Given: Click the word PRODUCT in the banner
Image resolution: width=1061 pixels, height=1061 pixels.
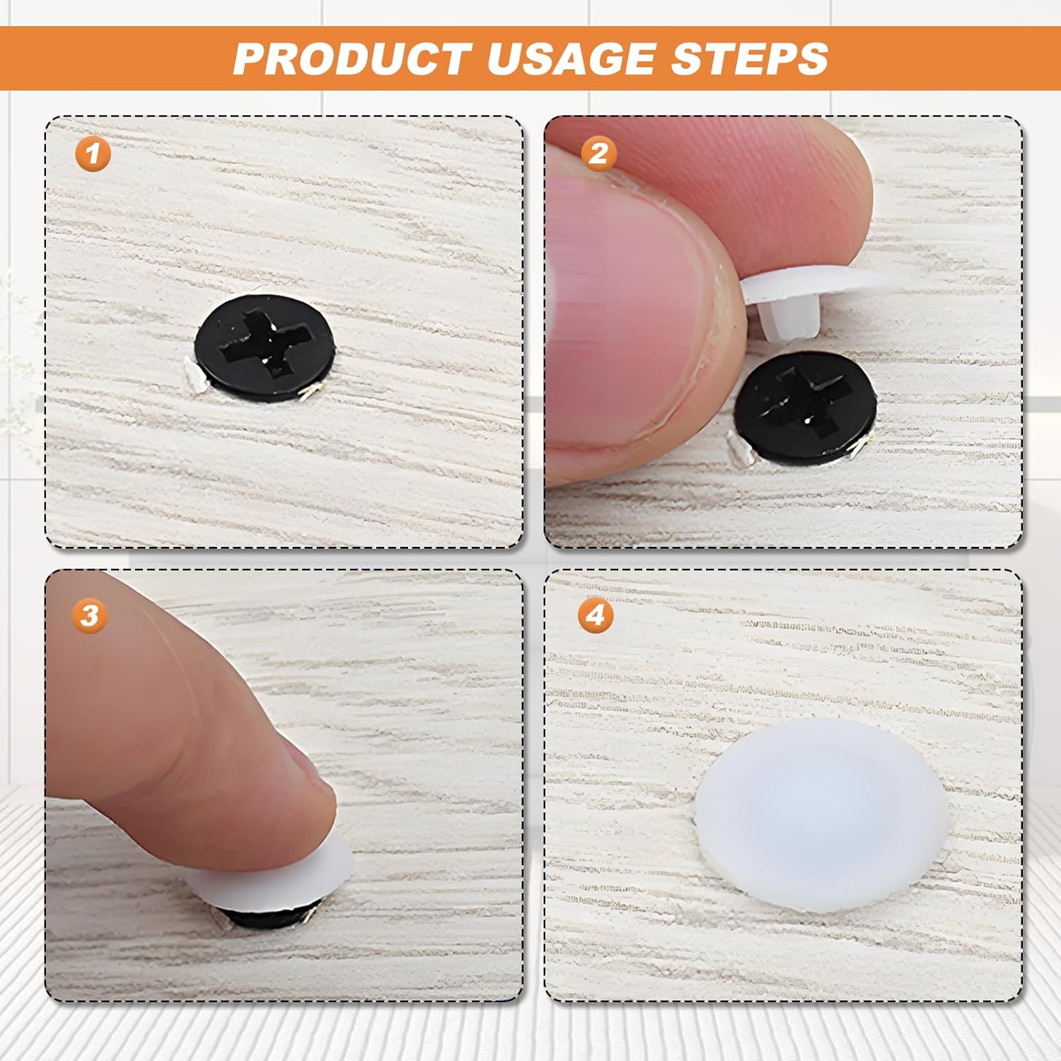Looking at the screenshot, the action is click(352, 58).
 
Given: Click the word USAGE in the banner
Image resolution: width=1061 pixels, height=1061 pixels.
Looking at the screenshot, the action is click(574, 58).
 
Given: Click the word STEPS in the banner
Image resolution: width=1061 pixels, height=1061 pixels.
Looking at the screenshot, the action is click(750, 58).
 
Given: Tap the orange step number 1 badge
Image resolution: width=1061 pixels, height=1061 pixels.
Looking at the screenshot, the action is click(93, 153).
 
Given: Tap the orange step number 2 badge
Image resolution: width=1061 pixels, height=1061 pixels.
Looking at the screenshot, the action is click(598, 153).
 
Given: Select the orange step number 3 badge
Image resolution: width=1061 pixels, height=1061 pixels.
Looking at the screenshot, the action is click(89, 615).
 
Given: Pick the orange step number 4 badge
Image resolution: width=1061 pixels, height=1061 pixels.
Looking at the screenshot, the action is click(596, 615).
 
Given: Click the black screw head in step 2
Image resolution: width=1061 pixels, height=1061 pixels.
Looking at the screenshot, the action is click(806, 408).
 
